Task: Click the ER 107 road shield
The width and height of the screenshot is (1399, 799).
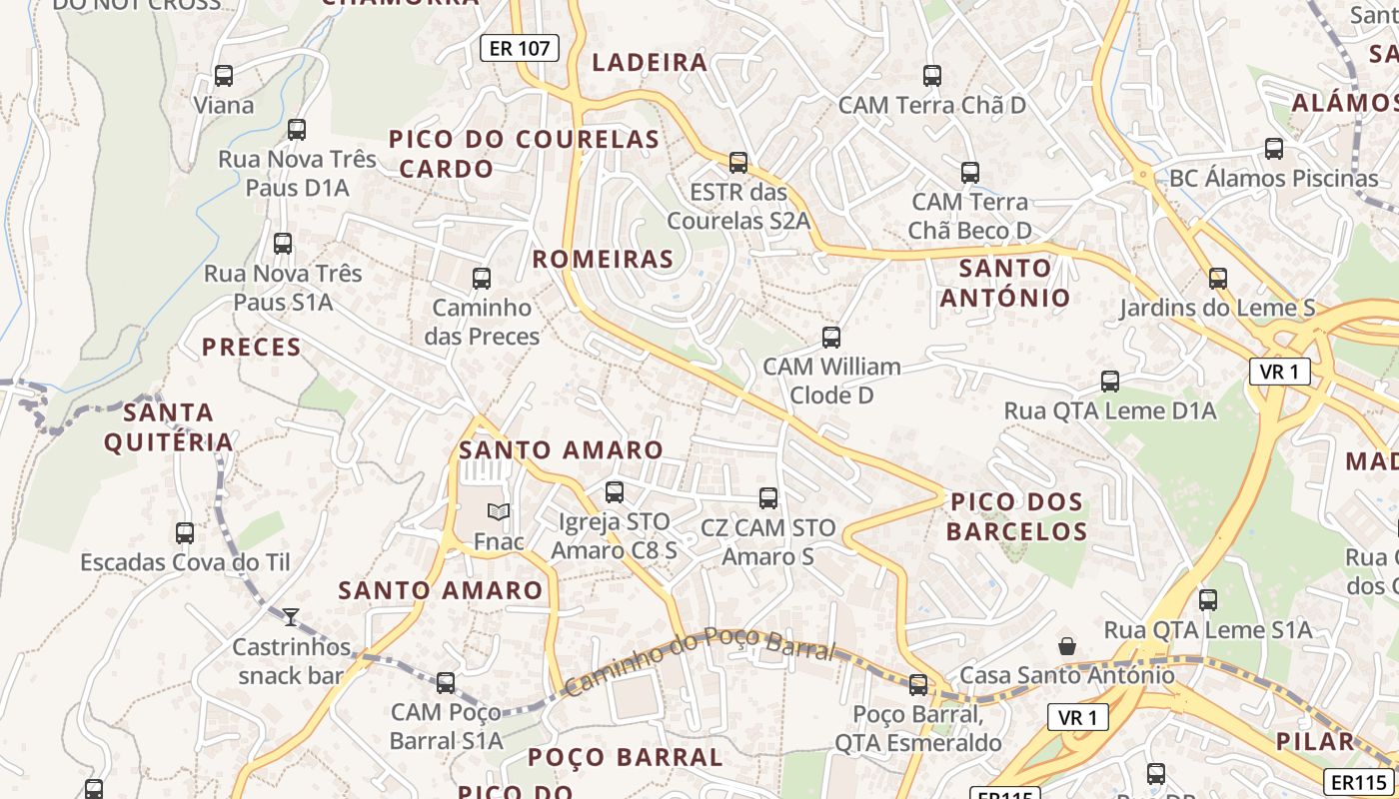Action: tap(519, 48)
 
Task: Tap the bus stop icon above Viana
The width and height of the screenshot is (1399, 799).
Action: tap(224, 76)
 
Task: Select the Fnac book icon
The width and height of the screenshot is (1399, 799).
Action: tap(499, 511)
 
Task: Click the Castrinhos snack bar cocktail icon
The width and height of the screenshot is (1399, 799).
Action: tap(291, 617)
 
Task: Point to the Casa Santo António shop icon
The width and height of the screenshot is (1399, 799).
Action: tap(1067, 646)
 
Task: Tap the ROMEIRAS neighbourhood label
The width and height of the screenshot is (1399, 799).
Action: tap(603, 260)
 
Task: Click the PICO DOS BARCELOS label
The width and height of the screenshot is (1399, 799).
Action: tap(1017, 516)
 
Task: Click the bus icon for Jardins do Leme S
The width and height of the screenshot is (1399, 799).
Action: tap(1217, 279)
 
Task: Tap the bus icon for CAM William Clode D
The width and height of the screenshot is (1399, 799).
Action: tap(831, 338)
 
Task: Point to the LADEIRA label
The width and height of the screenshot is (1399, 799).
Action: tap(650, 63)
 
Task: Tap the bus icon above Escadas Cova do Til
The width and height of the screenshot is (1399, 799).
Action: tap(185, 533)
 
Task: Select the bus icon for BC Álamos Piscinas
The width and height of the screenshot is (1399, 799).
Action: tap(1274, 149)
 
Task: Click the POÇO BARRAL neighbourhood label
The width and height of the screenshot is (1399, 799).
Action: tap(625, 757)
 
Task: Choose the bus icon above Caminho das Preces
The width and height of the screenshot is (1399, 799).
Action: tap(482, 279)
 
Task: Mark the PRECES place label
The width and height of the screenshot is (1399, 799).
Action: tap(252, 348)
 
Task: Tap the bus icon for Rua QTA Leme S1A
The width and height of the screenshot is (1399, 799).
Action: tap(1208, 600)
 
